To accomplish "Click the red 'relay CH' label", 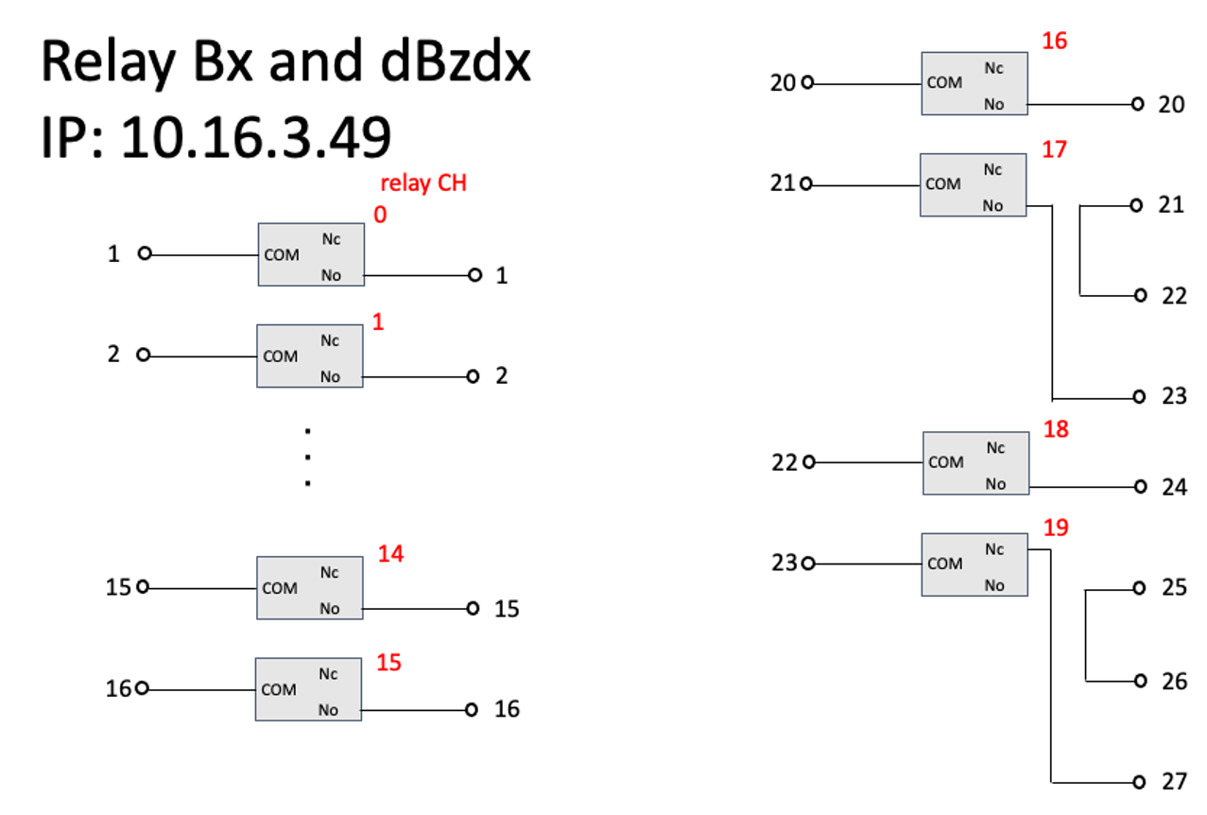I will (422, 183).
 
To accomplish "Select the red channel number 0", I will (380, 215).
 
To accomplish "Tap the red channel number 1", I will (378, 322).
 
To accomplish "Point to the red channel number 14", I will (390, 554).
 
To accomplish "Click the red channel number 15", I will (388, 663).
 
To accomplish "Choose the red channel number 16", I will (1054, 41).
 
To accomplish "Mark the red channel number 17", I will (1054, 149).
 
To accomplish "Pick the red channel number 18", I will (1055, 429).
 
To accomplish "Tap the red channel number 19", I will (1055, 528).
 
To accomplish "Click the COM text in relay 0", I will (282, 255).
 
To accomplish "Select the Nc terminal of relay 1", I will (330, 340).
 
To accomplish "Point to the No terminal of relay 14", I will (329, 609).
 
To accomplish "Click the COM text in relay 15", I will (279, 690).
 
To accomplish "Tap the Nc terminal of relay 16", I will (993, 68).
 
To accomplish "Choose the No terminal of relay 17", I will (992, 206).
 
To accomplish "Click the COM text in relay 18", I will (946, 462).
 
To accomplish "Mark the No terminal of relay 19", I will (994, 586).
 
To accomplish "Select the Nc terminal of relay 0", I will (331, 239).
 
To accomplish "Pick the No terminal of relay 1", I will (330, 377).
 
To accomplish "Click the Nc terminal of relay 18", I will (995, 448).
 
